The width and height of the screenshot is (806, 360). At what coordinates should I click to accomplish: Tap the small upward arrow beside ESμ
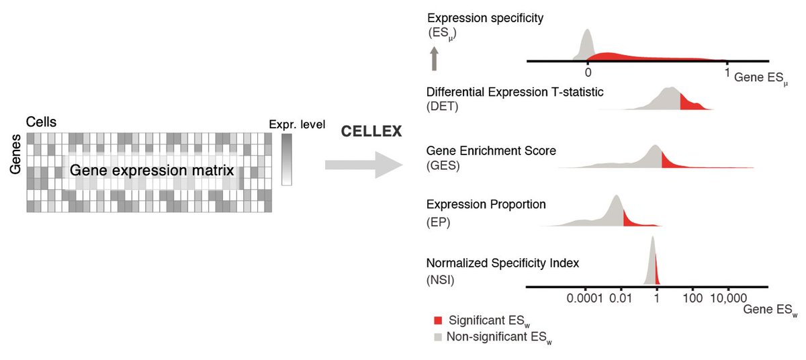click(434, 58)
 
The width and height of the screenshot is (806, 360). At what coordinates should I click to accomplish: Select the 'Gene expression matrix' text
click(152, 171)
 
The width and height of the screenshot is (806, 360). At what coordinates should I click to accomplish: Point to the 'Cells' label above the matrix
click(41, 122)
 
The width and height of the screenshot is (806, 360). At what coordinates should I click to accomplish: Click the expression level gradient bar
click(287, 159)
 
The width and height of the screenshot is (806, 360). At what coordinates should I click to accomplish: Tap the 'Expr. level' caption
click(296, 124)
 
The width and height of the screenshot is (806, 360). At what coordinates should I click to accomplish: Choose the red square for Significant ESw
click(439, 320)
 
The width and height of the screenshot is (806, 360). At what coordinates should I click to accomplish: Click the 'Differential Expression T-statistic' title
click(515, 92)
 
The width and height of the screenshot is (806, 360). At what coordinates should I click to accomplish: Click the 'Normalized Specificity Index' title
click(502, 263)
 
